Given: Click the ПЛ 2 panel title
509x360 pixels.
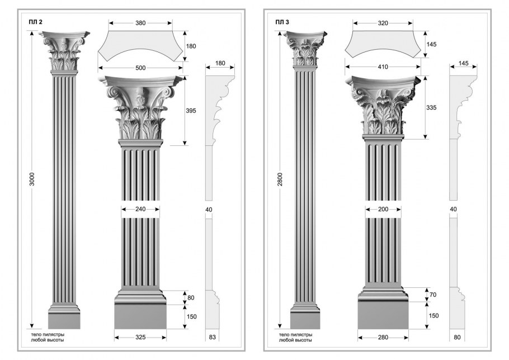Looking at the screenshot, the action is tap(36, 22).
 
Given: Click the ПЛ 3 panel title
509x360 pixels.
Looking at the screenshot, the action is tap(282, 22).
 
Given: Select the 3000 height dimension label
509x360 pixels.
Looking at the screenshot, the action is tap(32, 179).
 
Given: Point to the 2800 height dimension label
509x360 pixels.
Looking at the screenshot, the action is tap(280, 179).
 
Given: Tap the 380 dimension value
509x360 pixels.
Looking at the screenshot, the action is tap(140, 23).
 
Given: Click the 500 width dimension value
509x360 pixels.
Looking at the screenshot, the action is tap(140, 68).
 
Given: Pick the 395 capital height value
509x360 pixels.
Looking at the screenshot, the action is tap(191, 111).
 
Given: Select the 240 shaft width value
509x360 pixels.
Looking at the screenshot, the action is tap(140, 209).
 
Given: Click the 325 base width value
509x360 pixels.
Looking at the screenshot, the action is tap(140, 338).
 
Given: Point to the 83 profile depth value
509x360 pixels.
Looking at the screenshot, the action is tap(213, 337).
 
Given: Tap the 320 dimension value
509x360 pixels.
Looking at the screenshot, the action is tap(383, 23).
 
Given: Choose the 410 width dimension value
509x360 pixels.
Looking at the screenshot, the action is tap(383, 67).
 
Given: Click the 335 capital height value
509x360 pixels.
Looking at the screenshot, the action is tap(431, 107).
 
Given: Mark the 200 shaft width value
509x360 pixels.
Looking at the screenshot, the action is tap(383, 209).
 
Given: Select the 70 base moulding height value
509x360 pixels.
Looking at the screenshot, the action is tap(433, 295).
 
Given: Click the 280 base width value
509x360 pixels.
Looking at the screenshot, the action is tap(383, 337).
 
